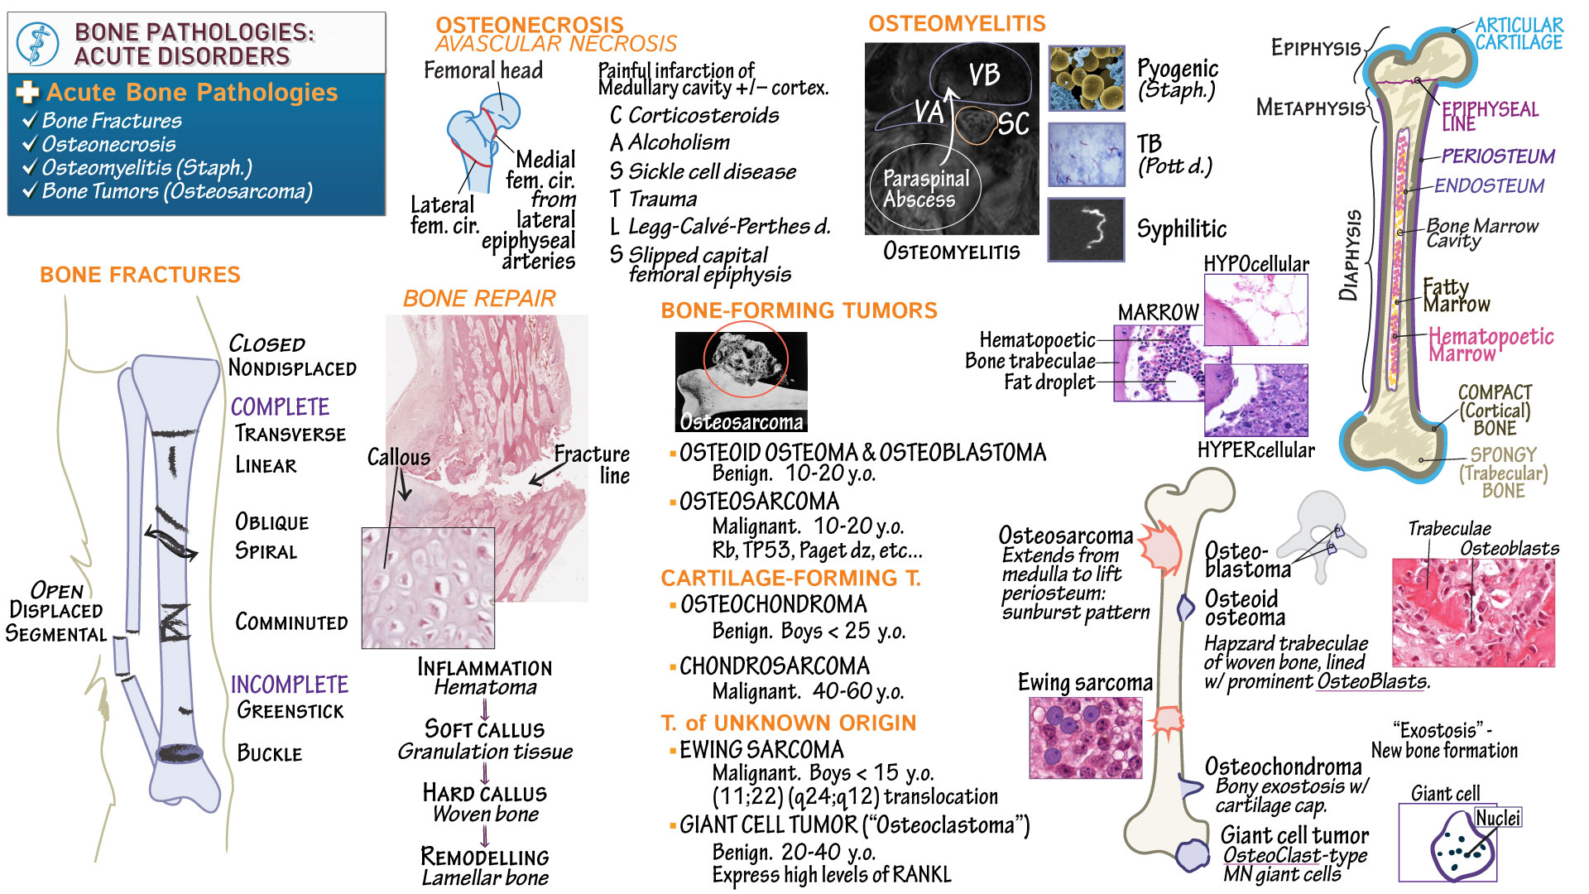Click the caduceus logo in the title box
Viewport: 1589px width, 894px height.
tap(38, 44)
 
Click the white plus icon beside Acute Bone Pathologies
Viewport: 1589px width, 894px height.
tap(27, 92)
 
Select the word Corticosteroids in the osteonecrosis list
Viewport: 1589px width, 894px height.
tap(703, 115)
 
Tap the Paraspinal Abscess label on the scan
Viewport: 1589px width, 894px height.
tap(925, 189)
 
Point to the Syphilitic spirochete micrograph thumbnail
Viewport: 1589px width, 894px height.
tap(1086, 229)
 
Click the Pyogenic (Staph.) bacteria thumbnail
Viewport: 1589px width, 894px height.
tap(1086, 79)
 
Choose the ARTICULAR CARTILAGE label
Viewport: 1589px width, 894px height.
tap(1519, 34)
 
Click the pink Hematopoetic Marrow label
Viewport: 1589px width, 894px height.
tap(1491, 344)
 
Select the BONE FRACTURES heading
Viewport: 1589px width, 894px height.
tap(140, 275)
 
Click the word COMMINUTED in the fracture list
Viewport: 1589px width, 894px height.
tap(291, 622)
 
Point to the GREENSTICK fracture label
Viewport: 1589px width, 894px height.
tap(290, 710)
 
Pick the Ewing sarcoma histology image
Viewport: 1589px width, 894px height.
tap(1085, 738)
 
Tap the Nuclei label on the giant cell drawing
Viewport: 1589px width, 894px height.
tap(1498, 818)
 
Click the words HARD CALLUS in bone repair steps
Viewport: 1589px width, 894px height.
tap(484, 793)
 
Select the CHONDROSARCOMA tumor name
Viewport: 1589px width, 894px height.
tap(774, 666)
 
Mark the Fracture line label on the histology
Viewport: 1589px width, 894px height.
tap(593, 464)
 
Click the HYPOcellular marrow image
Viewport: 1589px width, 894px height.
tap(1255, 310)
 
